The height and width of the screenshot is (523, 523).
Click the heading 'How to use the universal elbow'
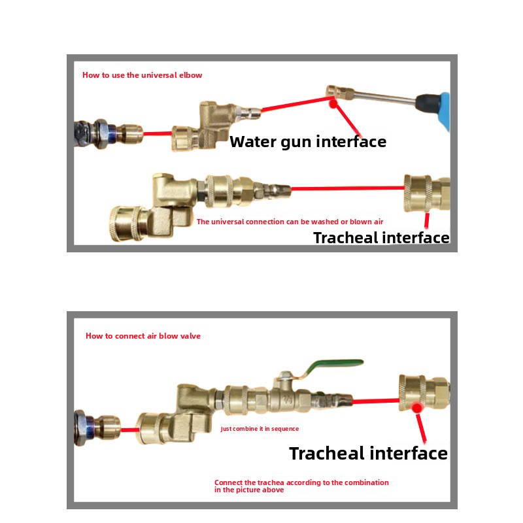pos(142,75)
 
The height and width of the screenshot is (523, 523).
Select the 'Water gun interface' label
pos(308,142)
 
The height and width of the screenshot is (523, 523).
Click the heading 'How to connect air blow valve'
pos(143,336)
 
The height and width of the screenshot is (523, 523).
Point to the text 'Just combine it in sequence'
pos(260,429)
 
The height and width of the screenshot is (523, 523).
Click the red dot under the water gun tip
pos(333,104)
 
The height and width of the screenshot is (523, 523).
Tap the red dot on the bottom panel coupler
pos(416,407)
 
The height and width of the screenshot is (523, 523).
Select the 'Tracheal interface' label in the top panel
pos(381,238)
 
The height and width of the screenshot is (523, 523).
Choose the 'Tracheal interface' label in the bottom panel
pos(368,453)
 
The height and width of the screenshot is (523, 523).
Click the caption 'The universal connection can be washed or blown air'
pos(290,222)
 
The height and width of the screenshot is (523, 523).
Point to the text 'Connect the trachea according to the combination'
pos(301,482)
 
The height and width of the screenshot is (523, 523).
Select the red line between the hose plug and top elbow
pos(158,134)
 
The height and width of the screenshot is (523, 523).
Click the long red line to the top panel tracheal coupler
pos(348,188)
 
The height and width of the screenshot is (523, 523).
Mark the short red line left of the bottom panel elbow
pos(129,430)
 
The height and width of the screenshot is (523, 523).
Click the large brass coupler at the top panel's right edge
pos(427,194)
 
